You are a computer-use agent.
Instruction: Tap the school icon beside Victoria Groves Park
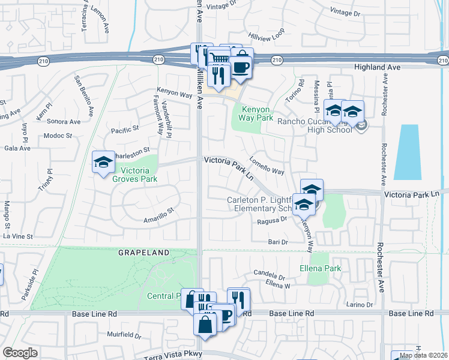point(103,162)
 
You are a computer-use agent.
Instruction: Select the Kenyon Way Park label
point(258,113)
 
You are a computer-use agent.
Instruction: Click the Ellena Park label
point(320,268)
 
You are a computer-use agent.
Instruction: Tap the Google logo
point(20,353)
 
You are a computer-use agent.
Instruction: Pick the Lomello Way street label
point(267,167)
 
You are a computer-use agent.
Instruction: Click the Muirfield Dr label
point(124,335)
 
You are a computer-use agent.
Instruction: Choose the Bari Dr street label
point(279,242)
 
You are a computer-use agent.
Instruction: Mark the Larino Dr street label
point(360,304)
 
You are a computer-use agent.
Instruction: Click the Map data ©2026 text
point(424,355)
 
